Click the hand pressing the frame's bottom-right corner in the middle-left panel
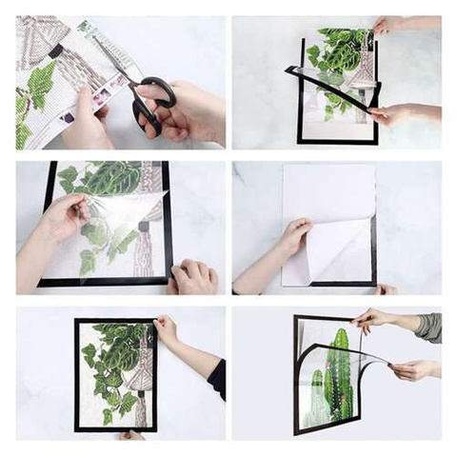coord(194,277)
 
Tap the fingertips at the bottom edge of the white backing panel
coord(386,288)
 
